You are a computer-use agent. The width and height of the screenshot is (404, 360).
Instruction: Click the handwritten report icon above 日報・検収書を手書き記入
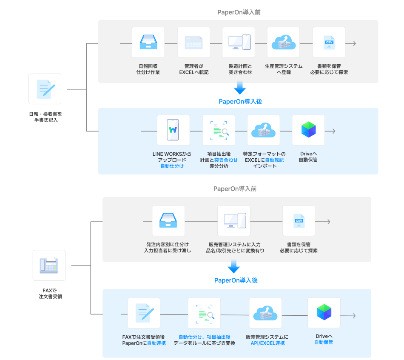[x=45, y=89]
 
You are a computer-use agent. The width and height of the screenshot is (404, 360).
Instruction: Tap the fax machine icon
[x=49, y=265]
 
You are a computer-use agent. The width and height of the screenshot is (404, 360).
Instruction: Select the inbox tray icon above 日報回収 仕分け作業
[x=148, y=43]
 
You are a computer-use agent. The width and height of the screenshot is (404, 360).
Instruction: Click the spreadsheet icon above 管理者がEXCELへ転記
[x=193, y=43]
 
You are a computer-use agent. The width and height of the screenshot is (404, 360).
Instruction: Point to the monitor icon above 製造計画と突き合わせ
[x=239, y=43]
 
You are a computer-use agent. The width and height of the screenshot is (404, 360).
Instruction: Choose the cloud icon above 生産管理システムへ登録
[x=283, y=43]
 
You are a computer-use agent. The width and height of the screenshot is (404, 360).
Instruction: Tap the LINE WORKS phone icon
[x=173, y=130]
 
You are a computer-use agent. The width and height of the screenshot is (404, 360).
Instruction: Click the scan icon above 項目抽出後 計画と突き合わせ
[x=219, y=130]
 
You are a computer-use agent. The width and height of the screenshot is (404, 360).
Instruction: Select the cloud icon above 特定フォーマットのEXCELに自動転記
[x=264, y=130]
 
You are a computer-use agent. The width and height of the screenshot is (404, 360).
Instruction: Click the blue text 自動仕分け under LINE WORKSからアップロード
[x=172, y=166]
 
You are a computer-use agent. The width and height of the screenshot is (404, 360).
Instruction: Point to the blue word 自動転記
[x=274, y=160]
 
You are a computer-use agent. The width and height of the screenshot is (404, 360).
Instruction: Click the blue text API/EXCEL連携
[x=267, y=343]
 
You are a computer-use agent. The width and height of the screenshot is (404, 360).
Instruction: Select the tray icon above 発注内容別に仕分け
[x=168, y=221]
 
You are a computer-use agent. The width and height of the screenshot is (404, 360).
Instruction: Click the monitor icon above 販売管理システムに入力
[x=233, y=221]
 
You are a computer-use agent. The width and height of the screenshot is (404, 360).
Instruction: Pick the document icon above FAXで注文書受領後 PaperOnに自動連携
[x=144, y=313]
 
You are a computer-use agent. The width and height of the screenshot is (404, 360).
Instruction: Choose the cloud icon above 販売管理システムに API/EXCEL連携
[x=265, y=313]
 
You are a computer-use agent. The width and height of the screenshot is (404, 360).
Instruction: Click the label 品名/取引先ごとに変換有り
[x=235, y=251]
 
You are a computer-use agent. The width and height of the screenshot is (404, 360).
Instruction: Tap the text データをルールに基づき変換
[x=204, y=343]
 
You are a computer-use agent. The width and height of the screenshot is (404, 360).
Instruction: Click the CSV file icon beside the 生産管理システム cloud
[x=329, y=43]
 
